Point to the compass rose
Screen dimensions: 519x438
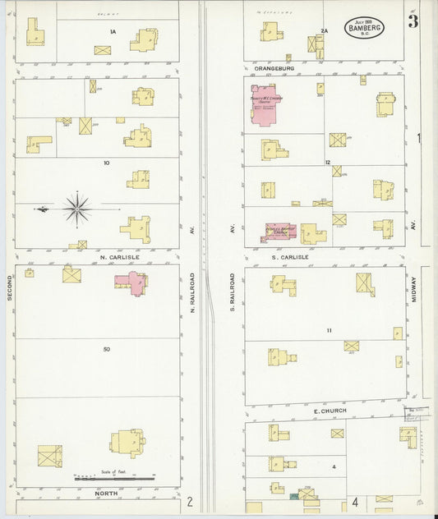pyautogui.click(x=77, y=209)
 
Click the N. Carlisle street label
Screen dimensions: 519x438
pyautogui.click(x=119, y=257)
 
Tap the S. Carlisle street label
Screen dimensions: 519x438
pyautogui.click(x=288, y=257)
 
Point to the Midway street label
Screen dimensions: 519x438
pyautogui.click(x=416, y=287)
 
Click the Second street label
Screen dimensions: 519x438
pyautogui.click(x=10, y=287)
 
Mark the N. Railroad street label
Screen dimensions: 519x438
pyautogui.click(x=192, y=292)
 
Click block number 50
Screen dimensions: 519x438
pyautogui.click(x=107, y=350)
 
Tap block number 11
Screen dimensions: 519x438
pyautogui.click(x=329, y=330)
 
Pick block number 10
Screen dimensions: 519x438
pyautogui.click(x=106, y=163)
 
